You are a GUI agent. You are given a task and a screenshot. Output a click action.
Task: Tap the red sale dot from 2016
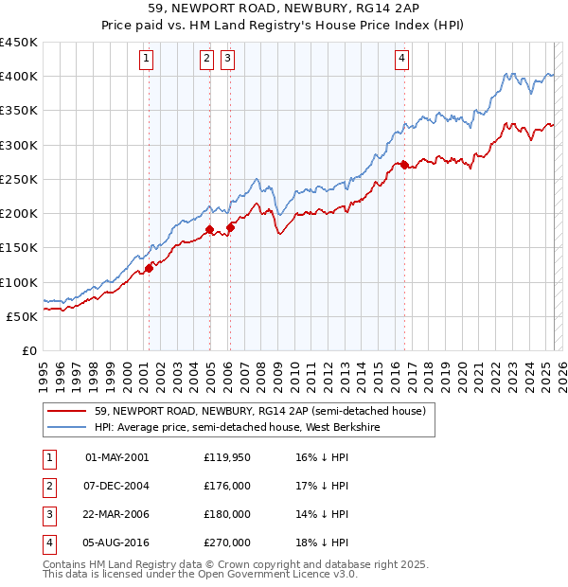[404, 166]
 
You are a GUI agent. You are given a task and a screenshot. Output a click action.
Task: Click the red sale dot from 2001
[149, 269]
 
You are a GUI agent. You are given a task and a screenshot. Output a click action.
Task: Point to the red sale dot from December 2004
[209, 229]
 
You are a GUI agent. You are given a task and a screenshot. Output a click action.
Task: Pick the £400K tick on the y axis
[19, 77]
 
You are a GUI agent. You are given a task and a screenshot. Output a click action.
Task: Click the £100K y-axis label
[19, 282]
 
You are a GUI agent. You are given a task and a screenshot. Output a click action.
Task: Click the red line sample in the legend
[66, 412]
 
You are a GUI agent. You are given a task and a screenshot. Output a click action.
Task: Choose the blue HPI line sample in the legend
[66, 428]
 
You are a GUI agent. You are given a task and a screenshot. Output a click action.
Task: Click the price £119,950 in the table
[227, 457]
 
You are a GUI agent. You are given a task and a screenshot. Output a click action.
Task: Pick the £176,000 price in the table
[227, 486]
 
